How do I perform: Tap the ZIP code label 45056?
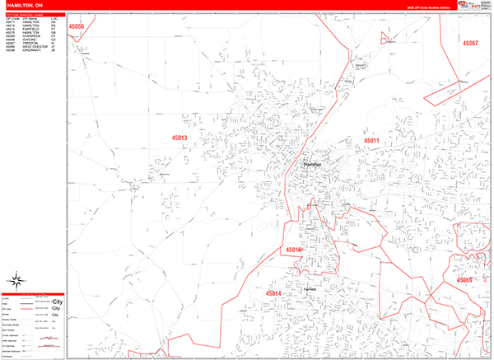[77, 26]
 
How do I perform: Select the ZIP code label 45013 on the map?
[179, 138]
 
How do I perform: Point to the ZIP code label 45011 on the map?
[371, 141]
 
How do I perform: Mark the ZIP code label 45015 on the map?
[294, 249]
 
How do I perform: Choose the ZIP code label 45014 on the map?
[273, 293]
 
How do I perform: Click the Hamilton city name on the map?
[313, 165]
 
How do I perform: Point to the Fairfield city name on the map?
[310, 290]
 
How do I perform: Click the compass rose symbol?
[16, 283]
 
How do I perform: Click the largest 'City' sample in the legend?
[57, 302]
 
